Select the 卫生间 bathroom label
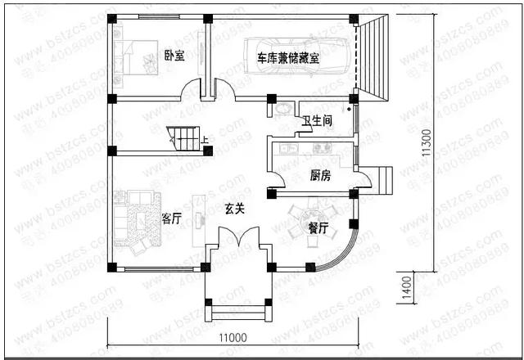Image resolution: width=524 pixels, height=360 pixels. pos(317,121)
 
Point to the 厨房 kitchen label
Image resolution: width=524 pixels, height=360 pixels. pos(320,175)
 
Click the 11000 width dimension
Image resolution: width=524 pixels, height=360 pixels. pos(233,336)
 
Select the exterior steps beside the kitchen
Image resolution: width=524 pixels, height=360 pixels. pos(377,178)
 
